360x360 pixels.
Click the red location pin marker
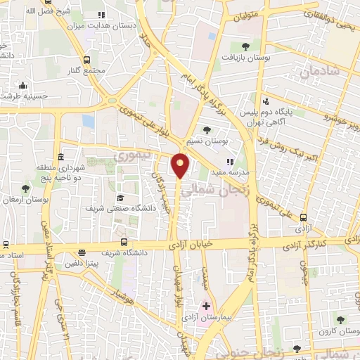pyautogui.click(x=181, y=165)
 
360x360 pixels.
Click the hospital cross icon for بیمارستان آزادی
pyautogui.click(x=206, y=307)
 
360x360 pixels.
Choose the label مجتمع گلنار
pyautogui.click(x=88, y=71)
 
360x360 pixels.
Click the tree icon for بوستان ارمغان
pyautogui.click(x=26, y=188)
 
